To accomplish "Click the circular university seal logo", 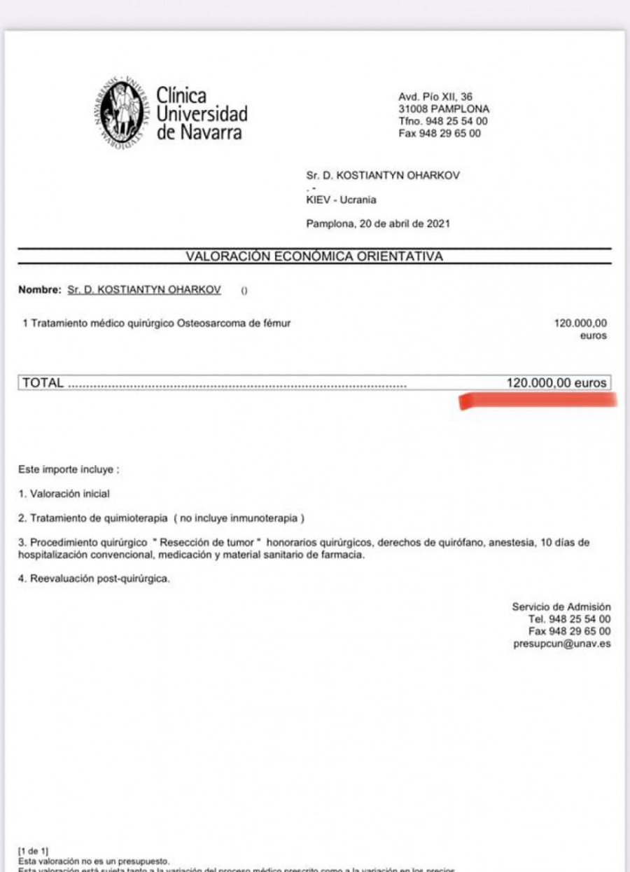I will coord(122,112).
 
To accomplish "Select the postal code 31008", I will coord(412,109).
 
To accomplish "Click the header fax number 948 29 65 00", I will coord(449,133).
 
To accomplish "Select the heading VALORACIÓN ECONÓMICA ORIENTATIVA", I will coord(314,256).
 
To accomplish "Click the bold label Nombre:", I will coord(40,290).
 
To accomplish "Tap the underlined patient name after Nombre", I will coord(144,290).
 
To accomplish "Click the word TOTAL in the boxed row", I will coord(43,383).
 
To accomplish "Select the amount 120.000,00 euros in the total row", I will coord(556,383).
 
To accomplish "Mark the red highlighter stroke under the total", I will coord(538,401).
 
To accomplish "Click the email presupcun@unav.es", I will coord(561,644).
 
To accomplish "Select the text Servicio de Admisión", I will coord(561,607).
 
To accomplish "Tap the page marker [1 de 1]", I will coord(33,851).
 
